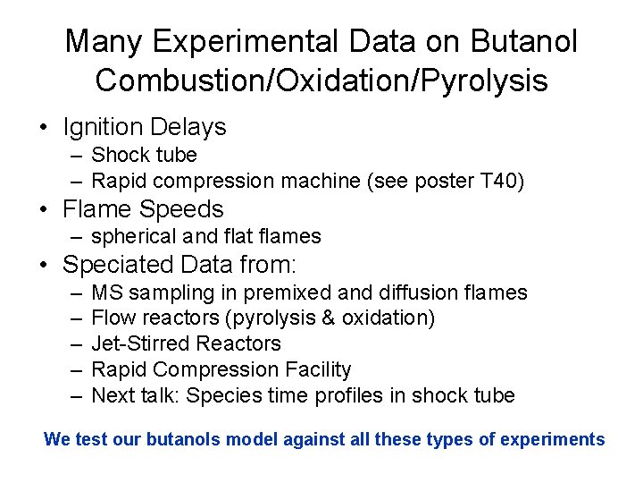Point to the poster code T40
point(497,181)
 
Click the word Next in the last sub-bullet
point(113,395)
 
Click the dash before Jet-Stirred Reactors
point(71,343)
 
